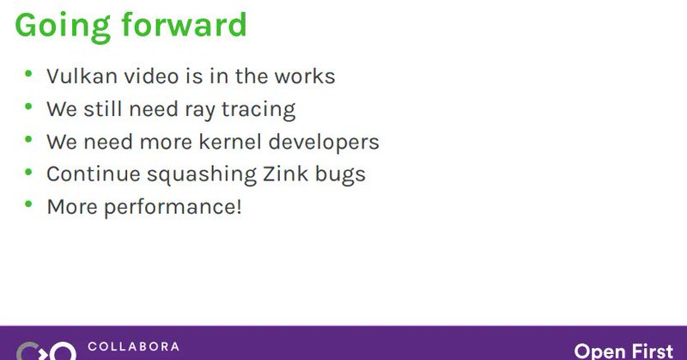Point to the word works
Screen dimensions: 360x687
tap(305, 76)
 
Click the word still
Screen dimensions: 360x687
tap(106, 109)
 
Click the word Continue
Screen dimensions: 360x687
tap(92, 174)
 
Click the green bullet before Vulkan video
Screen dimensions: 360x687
tap(29, 74)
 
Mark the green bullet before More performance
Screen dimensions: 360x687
tap(29, 204)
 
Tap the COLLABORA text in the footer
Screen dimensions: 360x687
tap(133, 347)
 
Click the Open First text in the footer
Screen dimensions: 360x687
tap(623, 351)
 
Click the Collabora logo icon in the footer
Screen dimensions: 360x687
tap(46, 351)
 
